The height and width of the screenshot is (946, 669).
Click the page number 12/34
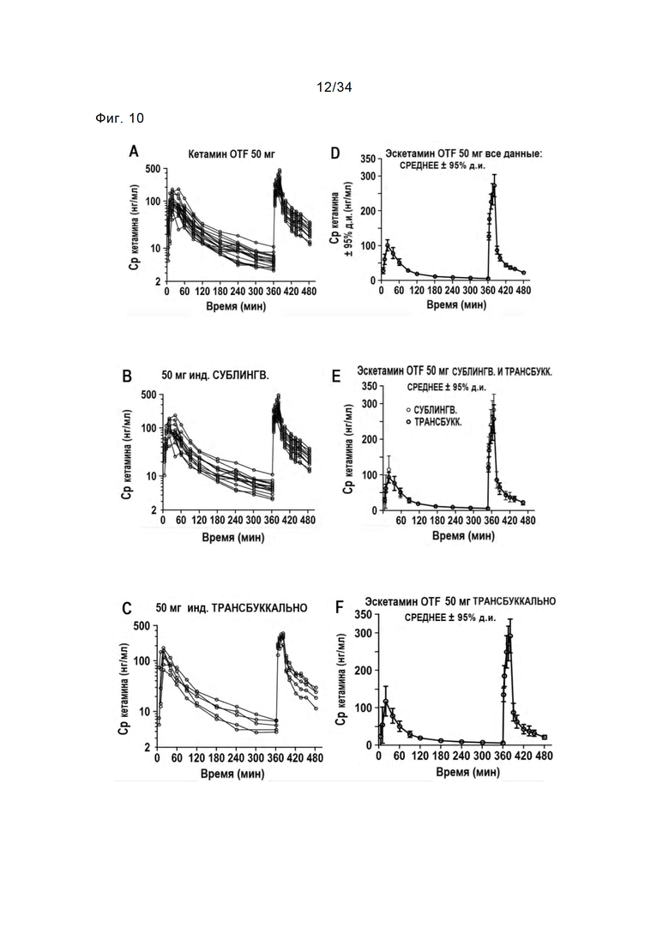334,87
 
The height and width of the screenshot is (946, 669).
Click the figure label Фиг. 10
119,118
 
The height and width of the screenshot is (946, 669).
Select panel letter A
134,152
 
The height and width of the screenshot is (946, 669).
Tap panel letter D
335,154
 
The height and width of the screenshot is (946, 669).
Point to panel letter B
127,377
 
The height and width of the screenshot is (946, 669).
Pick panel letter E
336,377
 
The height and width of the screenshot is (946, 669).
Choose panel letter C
127,609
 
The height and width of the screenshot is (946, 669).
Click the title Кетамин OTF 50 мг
232,154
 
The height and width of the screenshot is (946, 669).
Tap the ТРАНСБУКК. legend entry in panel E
435,422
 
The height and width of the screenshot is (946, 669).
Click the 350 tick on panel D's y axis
369,159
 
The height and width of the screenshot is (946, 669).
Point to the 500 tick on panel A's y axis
154,170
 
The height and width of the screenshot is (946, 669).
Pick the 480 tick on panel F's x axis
544,756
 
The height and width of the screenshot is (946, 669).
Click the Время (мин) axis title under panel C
232,774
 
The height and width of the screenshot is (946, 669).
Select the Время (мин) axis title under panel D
456,304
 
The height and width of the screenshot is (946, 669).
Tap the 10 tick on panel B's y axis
151,476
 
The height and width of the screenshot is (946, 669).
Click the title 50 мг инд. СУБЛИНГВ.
215,376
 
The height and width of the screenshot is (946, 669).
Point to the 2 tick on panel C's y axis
148,747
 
